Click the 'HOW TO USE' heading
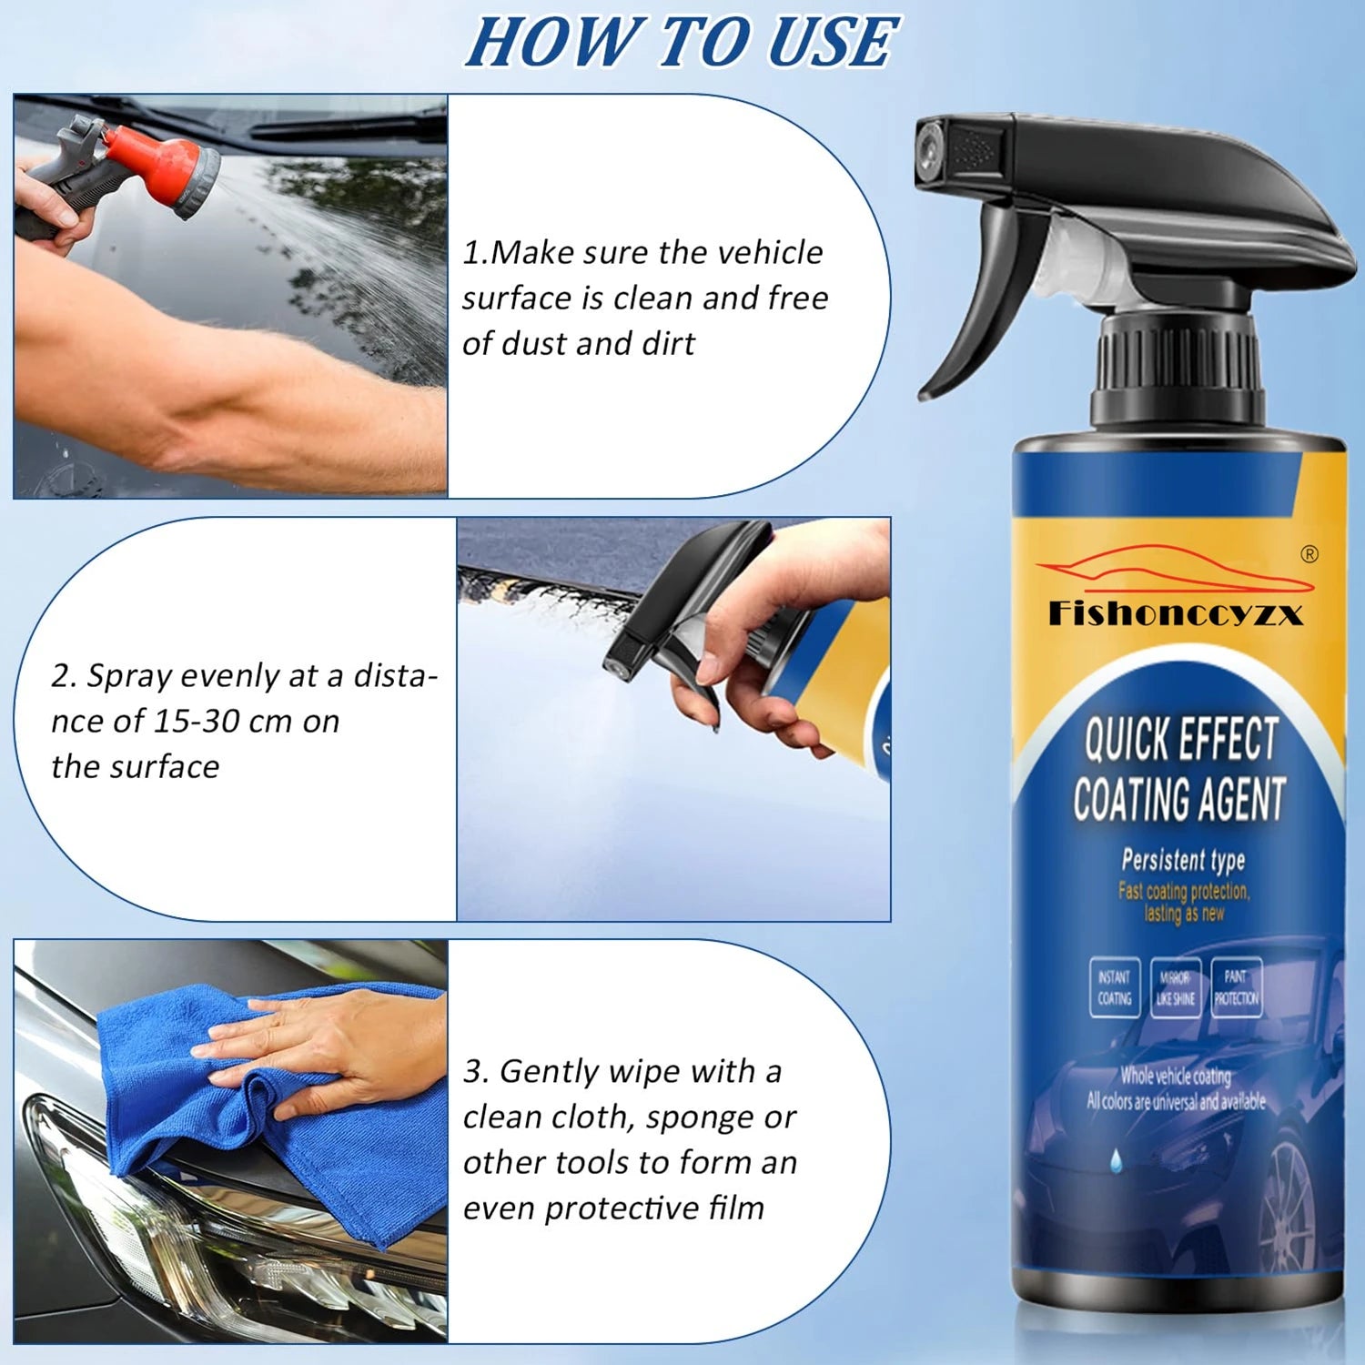pyautogui.click(x=682, y=43)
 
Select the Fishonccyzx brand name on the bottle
pyautogui.click(x=1176, y=614)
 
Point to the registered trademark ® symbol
pyautogui.click(x=1309, y=554)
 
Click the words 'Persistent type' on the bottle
pyautogui.click(x=1182, y=860)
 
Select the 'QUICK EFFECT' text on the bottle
pyautogui.click(x=1181, y=739)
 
